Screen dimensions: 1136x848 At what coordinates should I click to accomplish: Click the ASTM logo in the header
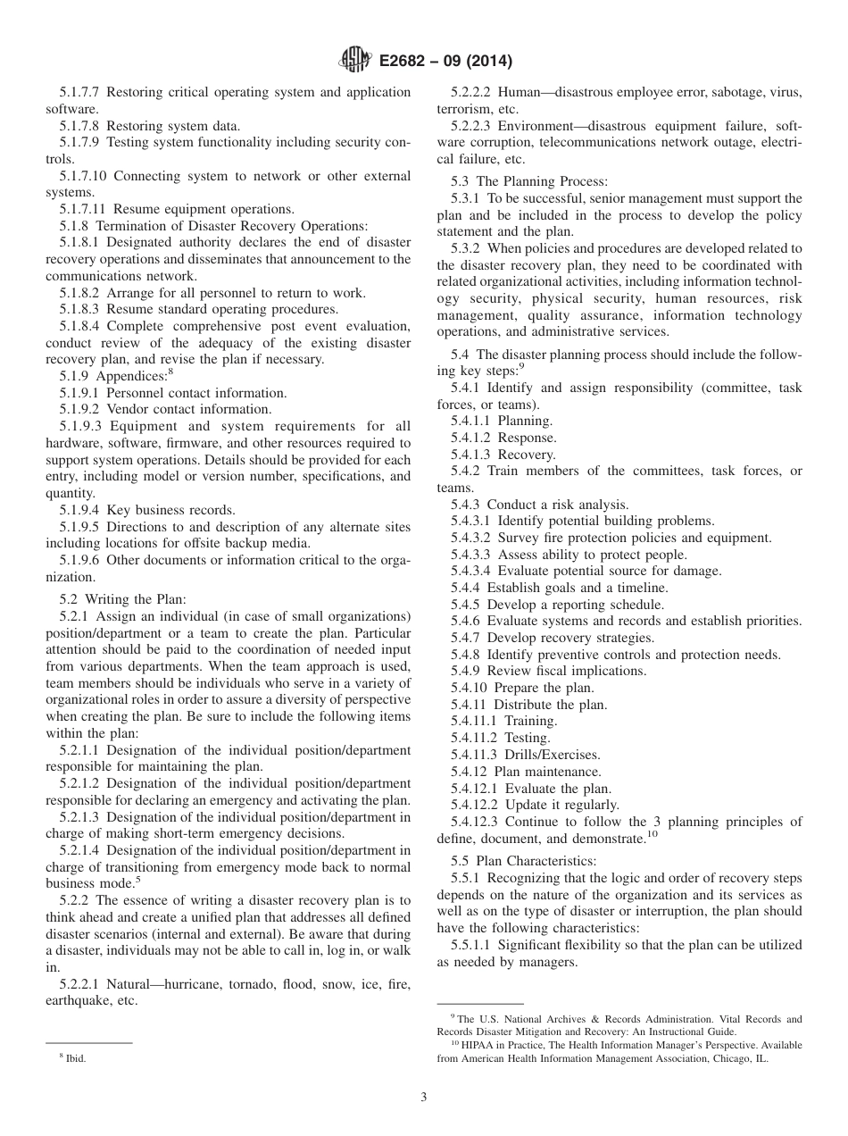pos(355,62)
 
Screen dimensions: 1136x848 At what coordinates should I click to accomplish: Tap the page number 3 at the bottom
pos(424,1098)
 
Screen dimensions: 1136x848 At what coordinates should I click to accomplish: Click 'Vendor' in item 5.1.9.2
pos(129,409)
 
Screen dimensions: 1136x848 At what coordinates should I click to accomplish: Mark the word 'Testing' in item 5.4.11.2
pos(528,738)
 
